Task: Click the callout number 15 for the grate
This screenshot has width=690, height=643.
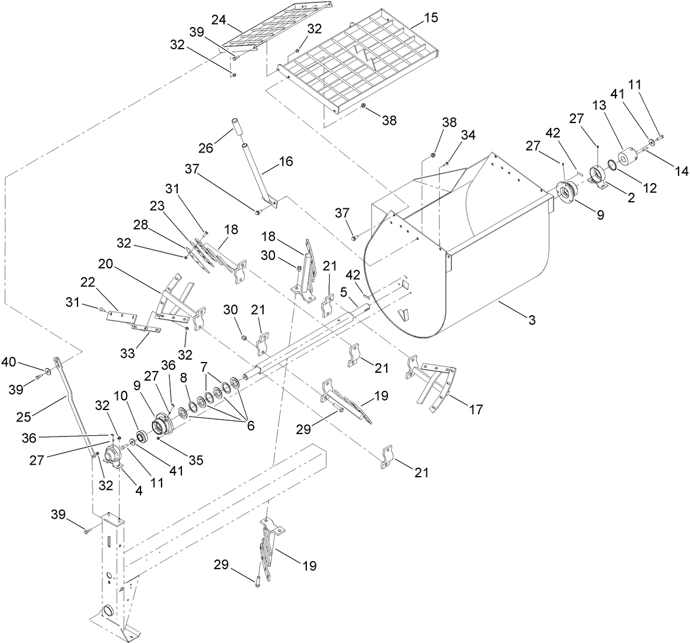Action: click(x=431, y=18)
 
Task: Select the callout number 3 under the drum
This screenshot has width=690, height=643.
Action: click(x=530, y=321)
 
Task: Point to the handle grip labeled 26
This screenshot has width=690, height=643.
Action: click(x=238, y=128)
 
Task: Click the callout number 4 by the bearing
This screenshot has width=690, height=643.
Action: click(x=138, y=489)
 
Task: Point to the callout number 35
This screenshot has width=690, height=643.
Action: click(x=195, y=460)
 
